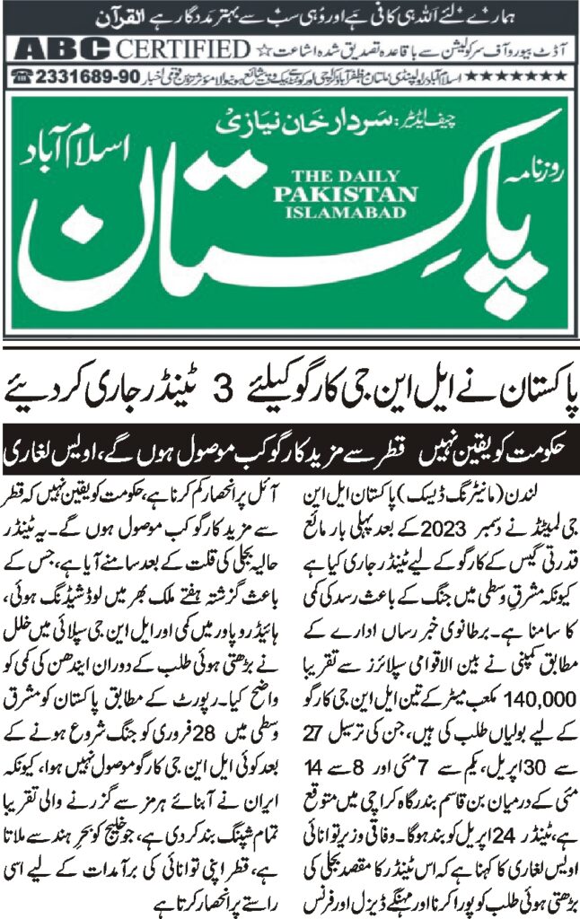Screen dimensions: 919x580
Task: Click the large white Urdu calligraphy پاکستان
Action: pyautogui.click(x=269, y=242)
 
